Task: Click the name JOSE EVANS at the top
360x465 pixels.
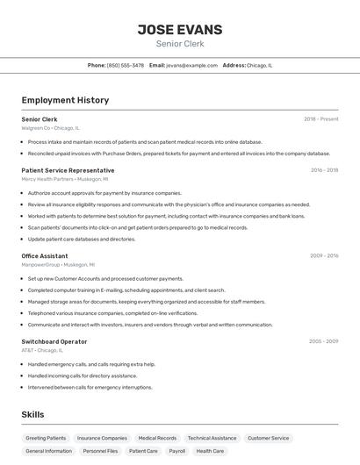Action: click(180, 29)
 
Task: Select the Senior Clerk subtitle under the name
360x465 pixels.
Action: click(180, 44)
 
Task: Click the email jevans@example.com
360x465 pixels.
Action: click(191, 65)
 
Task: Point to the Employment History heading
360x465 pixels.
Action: click(65, 100)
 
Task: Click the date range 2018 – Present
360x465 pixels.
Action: click(320, 118)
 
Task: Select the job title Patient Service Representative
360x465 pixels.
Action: click(68, 170)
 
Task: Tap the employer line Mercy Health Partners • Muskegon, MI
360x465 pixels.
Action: click(61, 179)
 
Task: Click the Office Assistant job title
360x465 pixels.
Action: click(45, 255)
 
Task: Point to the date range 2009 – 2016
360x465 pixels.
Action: click(324, 255)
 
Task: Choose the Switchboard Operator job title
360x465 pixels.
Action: click(54, 341)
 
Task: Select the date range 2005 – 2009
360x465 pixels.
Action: click(324, 341)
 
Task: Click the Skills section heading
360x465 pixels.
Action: click(33, 414)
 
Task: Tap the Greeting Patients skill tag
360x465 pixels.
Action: click(46, 438)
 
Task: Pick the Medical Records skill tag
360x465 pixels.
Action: click(157, 438)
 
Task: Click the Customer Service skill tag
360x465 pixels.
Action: click(268, 438)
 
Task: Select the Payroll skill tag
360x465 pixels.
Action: click(176, 451)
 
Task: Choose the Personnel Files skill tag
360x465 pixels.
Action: click(100, 451)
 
